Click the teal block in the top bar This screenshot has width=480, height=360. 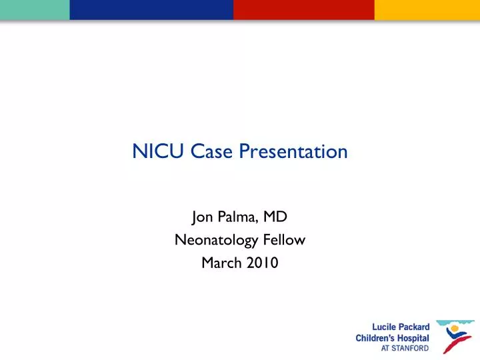coord(35,9)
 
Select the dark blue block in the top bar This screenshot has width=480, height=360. coord(151,9)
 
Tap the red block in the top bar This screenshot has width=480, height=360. coord(303,9)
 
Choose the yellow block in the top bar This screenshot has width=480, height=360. coord(427,9)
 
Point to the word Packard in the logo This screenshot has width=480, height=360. coord(413,326)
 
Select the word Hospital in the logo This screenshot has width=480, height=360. coord(411,337)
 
